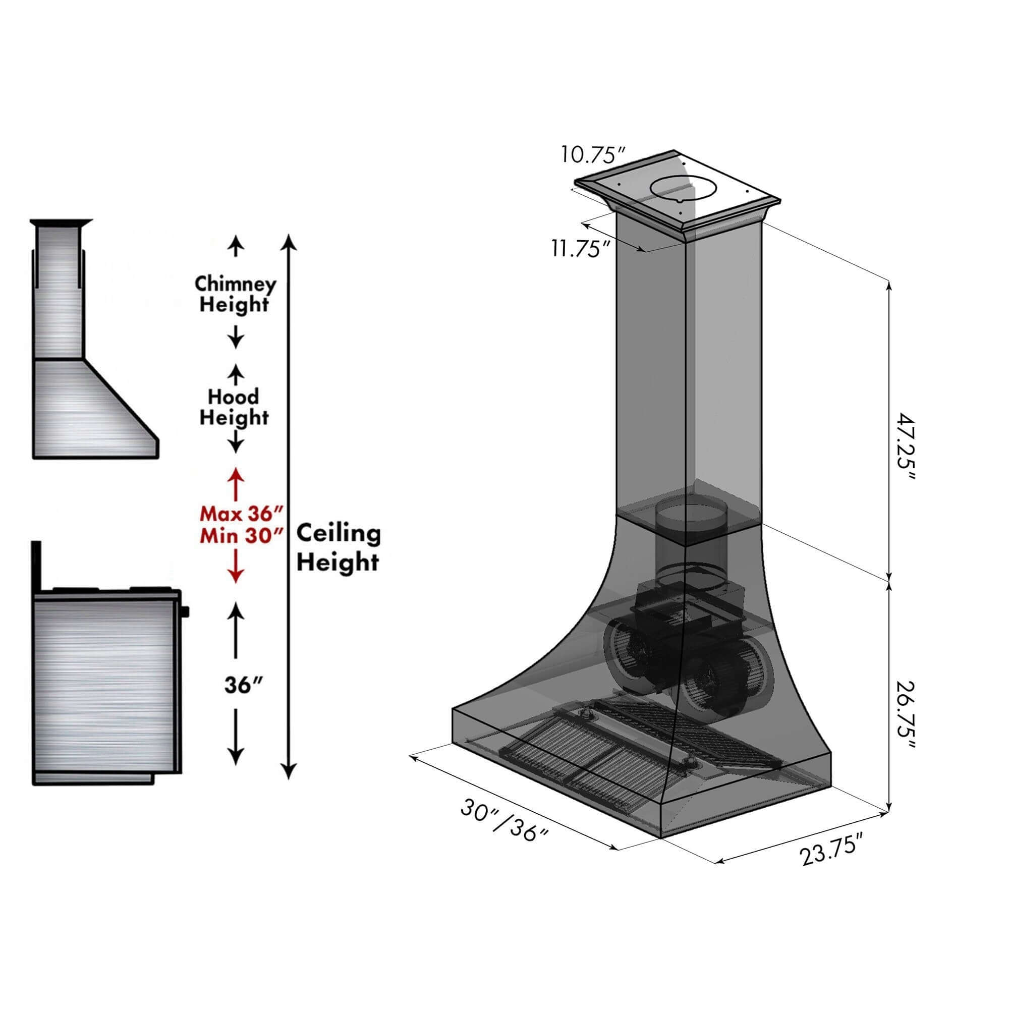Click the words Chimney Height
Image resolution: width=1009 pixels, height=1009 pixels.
[235, 294]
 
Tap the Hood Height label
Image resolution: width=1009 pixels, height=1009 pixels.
[234, 407]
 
